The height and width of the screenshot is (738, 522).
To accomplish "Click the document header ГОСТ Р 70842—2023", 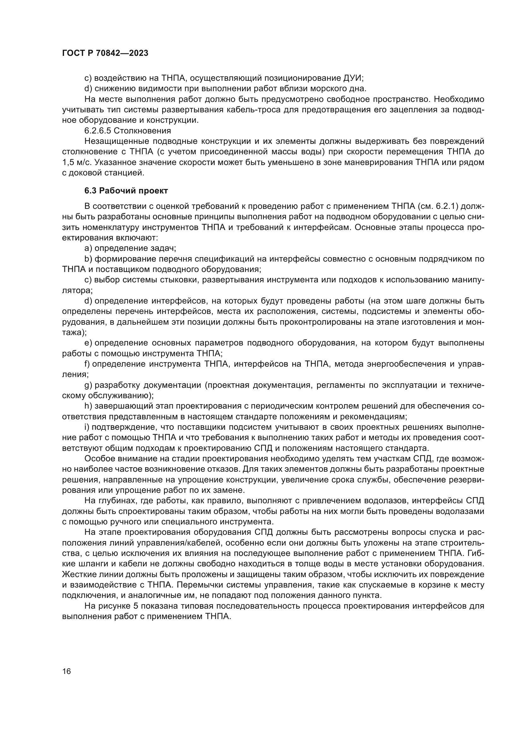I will (105, 53).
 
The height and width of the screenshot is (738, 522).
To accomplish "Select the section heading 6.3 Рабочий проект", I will (126, 191).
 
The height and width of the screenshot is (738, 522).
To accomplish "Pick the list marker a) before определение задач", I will (88, 248).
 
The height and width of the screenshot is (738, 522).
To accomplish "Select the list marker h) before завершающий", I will (88, 406).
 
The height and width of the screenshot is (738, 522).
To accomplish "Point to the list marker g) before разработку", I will (88, 385).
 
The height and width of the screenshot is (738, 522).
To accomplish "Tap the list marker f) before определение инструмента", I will (87, 364).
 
